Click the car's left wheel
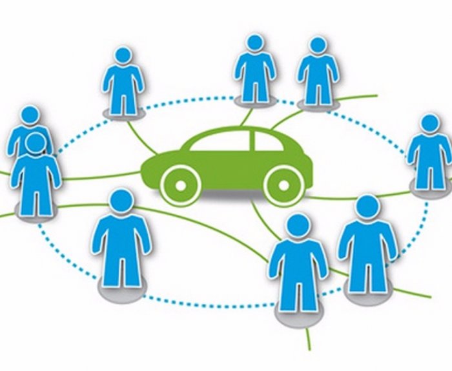click(179, 185)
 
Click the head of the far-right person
click(430, 123)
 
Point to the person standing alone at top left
click(122, 81)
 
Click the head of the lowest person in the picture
click(297, 226)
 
